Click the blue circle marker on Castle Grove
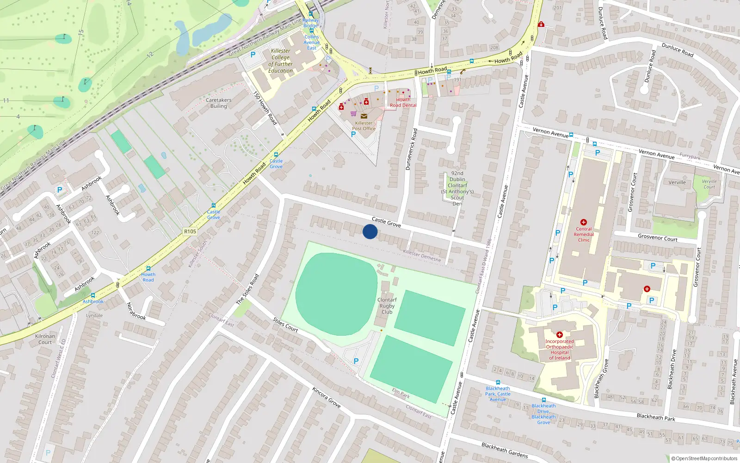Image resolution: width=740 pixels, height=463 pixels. click(370, 231)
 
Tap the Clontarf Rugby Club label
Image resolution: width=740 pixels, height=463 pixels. click(387, 306)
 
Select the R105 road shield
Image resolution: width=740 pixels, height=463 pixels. click(190, 231)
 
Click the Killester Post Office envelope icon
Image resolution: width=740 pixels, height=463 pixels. click(364, 116)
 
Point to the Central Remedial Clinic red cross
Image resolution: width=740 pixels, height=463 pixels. click(583, 222)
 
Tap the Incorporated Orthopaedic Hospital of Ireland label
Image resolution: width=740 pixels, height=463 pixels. click(559, 350)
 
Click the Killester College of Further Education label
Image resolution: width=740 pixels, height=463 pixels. click(281, 61)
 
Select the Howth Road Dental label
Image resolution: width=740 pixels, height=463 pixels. click(403, 102)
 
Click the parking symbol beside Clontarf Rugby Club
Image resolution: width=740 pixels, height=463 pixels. click(356, 361)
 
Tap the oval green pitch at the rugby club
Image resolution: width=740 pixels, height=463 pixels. click(337, 294)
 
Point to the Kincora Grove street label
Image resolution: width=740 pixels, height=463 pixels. click(327, 397)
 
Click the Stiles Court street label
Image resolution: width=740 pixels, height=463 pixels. click(285, 325)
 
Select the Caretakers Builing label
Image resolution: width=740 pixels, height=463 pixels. click(218, 103)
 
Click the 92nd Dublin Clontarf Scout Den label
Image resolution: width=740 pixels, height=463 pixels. click(457, 188)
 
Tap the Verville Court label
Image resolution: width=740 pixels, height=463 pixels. click(709, 184)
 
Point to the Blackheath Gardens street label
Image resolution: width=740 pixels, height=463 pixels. click(504, 450)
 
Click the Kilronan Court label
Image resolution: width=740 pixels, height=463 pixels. click(45, 339)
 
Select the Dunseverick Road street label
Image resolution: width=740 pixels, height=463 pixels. click(411, 149)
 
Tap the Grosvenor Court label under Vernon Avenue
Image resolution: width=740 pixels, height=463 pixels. click(657, 238)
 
